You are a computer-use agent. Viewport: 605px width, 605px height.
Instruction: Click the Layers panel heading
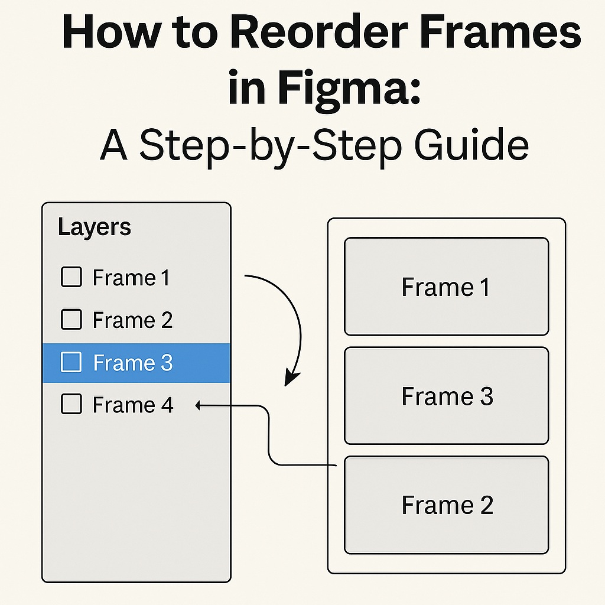[95, 227]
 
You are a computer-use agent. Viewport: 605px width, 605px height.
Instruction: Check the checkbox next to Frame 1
[71, 277]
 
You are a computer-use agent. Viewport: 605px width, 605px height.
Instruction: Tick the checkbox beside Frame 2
[71, 320]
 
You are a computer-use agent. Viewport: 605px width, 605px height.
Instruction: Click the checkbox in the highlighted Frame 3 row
[71, 362]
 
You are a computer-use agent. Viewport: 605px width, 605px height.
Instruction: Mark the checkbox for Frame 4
[71, 405]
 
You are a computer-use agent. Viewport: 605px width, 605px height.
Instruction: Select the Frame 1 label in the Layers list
[131, 278]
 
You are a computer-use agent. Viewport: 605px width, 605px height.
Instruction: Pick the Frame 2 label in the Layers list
[132, 320]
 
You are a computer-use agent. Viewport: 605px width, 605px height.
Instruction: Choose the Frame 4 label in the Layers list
[133, 405]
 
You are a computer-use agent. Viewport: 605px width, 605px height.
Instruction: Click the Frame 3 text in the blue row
[132, 363]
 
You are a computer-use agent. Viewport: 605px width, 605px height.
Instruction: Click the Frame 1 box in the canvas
[446, 287]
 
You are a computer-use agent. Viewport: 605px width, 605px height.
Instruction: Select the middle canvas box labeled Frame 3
[446, 396]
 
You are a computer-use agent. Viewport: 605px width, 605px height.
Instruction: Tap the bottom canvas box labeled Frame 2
[446, 505]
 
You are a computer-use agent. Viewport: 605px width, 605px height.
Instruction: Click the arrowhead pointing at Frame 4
[199, 405]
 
